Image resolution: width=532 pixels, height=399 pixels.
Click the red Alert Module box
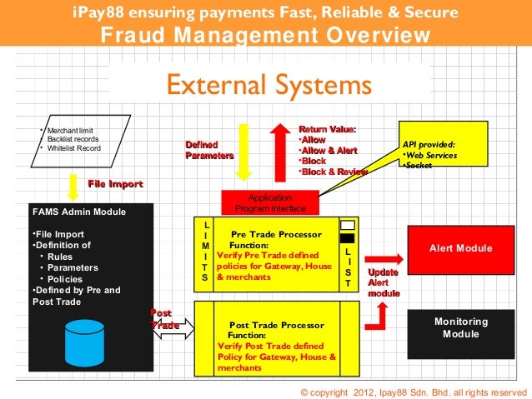[x=460, y=248]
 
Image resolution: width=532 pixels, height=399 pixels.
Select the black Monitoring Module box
[x=460, y=327]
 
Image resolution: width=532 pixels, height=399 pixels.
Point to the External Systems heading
[x=268, y=85]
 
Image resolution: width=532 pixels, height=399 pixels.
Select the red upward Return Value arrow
[x=279, y=151]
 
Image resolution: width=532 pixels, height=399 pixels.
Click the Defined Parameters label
[x=208, y=150]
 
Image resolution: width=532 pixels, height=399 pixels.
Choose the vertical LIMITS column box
[x=205, y=252]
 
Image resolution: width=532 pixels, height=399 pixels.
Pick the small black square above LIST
[x=348, y=237]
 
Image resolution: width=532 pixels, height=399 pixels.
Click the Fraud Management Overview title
[x=266, y=37]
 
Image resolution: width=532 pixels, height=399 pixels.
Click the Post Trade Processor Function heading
[x=271, y=328]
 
